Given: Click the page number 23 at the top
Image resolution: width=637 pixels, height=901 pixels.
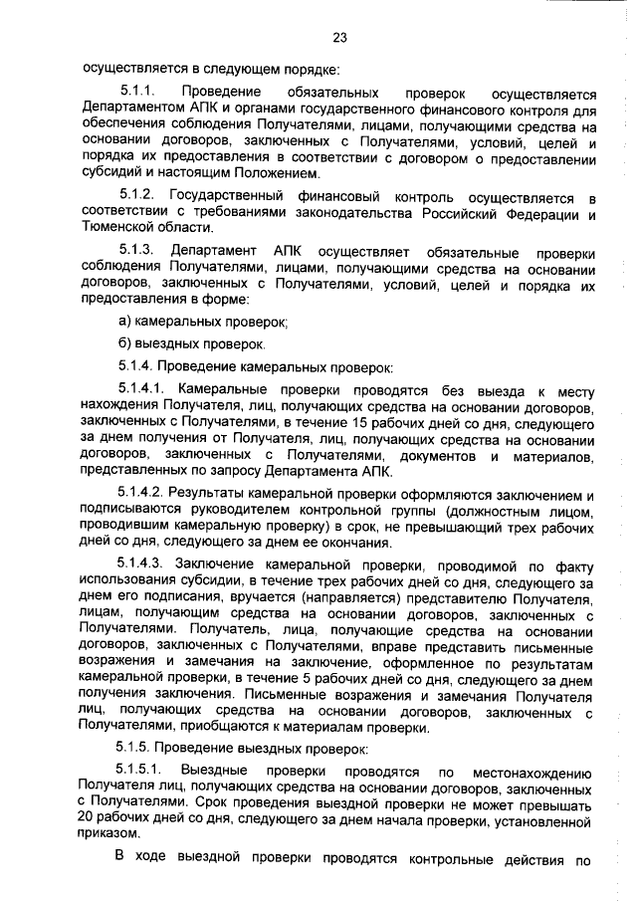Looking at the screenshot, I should [338, 38].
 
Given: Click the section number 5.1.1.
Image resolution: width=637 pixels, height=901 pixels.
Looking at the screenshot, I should [137, 92].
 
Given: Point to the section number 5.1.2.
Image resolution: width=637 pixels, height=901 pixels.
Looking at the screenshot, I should [135, 192].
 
